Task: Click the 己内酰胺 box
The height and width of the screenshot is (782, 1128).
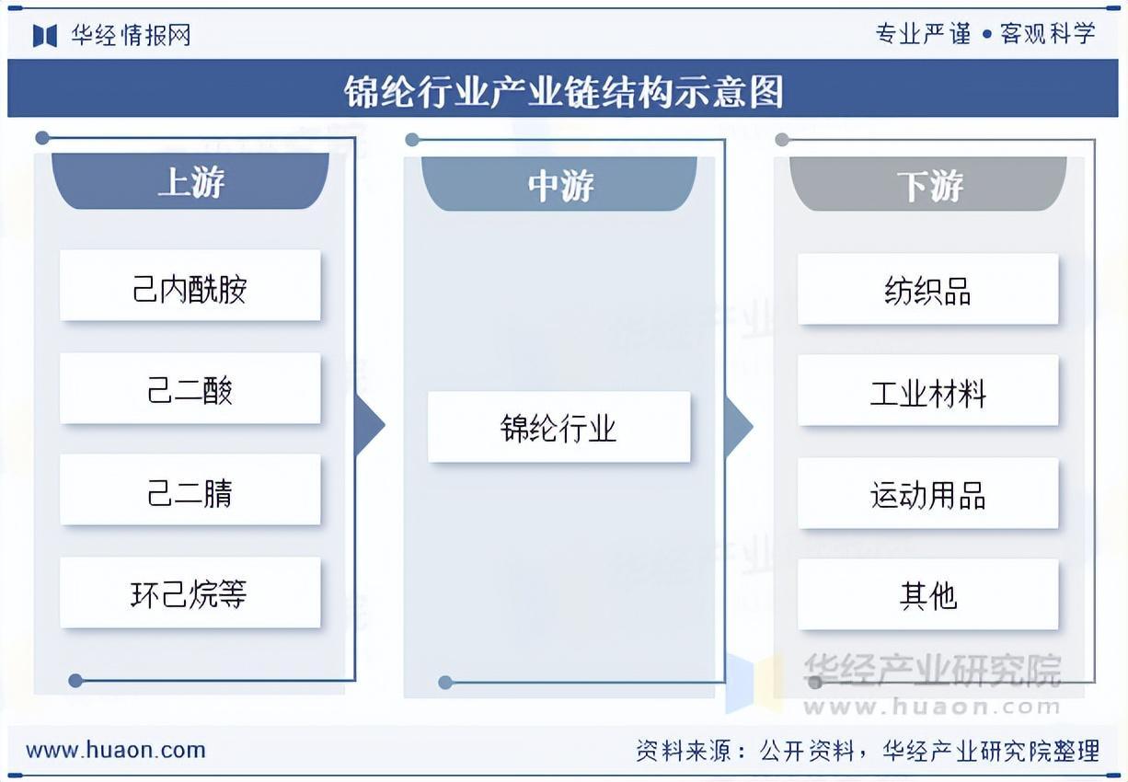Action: (x=190, y=286)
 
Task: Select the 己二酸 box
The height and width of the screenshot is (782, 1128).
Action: (x=190, y=389)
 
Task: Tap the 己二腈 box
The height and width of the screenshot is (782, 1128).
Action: (x=190, y=490)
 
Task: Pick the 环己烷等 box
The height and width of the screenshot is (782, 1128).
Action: (x=190, y=593)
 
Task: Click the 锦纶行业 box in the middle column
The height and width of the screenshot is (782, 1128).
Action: (x=558, y=427)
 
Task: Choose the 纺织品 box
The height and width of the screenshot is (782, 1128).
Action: (x=927, y=290)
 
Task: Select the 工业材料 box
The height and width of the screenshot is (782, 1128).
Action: (x=927, y=391)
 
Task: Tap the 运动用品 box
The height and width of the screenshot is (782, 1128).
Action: (x=927, y=494)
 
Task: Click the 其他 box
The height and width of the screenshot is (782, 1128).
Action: (x=927, y=595)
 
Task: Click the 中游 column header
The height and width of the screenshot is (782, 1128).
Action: (x=559, y=184)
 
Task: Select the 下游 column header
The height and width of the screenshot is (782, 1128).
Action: (x=928, y=184)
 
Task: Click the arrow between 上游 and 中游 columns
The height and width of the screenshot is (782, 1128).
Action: (x=368, y=425)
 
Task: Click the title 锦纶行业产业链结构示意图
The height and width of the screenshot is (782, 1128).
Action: (x=563, y=91)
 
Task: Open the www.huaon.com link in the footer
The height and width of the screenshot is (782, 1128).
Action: (x=116, y=750)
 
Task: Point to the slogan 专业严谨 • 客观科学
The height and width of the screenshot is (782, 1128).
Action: (x=985, y=34)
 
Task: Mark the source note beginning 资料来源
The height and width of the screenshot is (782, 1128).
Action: (x=868, y=751)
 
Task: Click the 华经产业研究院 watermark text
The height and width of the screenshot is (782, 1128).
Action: (x=932, y=670)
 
